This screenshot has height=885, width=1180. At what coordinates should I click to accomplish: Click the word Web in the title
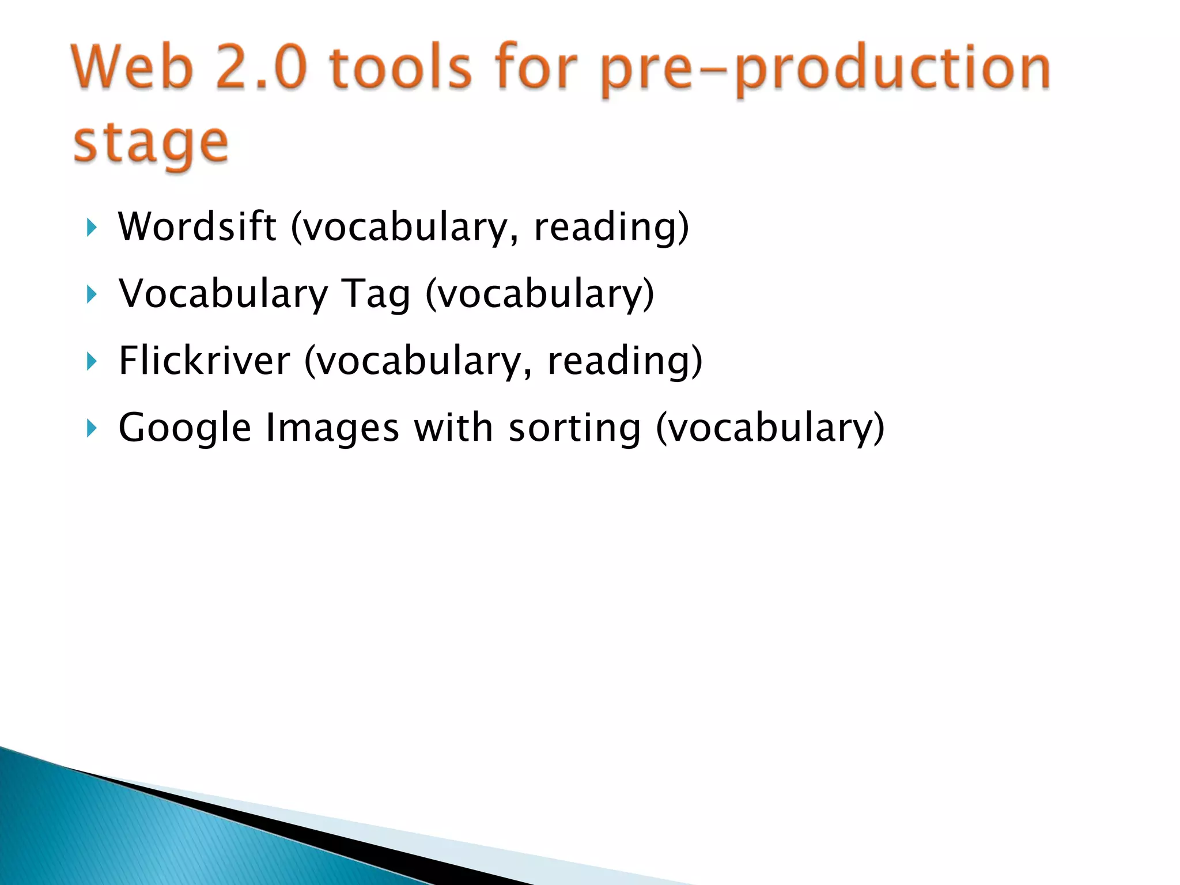(132, 68)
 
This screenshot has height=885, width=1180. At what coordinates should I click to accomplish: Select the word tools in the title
(401, 68)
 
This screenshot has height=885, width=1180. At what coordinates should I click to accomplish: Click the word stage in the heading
(151, 144)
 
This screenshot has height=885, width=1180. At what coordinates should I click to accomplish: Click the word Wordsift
(197, 226)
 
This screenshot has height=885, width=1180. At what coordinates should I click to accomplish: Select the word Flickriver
(205, 361)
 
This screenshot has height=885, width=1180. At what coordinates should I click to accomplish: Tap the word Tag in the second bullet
(376, 294)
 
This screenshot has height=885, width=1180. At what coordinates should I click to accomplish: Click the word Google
(185, 429)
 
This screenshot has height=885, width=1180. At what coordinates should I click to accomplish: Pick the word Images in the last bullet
(332, 428)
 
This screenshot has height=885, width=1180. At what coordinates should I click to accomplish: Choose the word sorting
(574, 429)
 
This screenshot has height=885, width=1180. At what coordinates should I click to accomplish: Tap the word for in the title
(536, 68)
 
